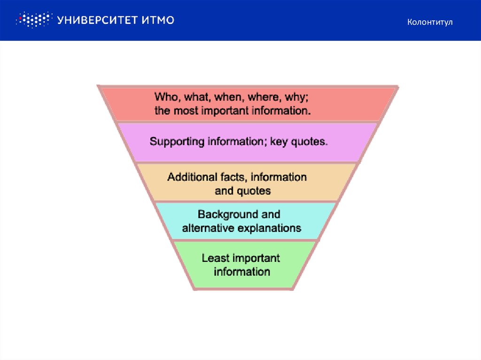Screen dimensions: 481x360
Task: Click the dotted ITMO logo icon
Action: tap(34, 20)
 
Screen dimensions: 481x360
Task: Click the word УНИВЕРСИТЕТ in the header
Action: tap(97, 20)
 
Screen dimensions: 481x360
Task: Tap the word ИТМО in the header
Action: tap(158, 20)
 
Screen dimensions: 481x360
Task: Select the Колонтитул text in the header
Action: tap(430, 22)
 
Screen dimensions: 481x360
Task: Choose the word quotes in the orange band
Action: tap(254, 191)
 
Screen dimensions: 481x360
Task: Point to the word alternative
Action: tap(208, 228)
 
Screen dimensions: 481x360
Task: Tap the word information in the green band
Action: tap(242, 272)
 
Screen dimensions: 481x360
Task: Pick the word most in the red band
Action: tap(186, 111)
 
